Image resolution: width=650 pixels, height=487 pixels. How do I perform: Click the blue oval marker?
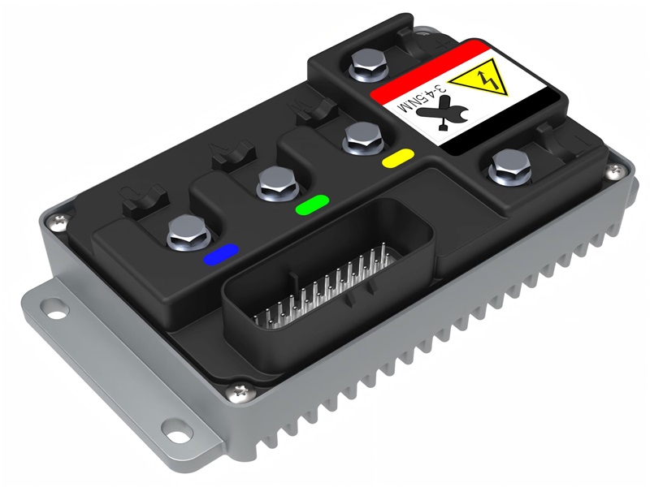click(221, 255)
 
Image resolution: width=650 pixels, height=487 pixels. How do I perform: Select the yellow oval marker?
click(398, 156)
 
